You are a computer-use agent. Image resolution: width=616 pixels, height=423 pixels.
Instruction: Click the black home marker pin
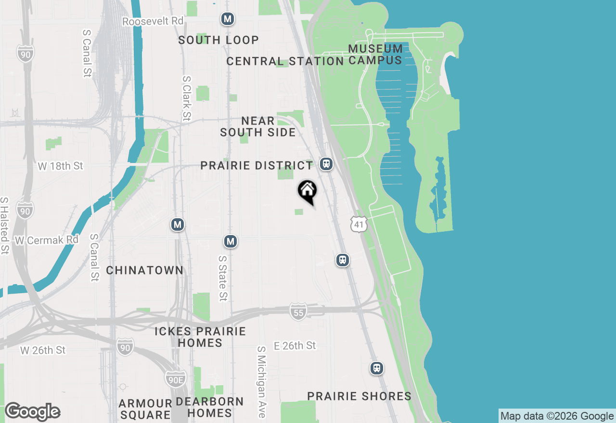click(308, 191)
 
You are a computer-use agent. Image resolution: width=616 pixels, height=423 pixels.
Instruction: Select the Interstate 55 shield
click(298, 312)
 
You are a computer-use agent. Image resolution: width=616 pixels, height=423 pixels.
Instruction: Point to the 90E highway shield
click(175, 378)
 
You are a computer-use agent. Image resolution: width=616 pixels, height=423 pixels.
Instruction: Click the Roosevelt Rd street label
click(153, 22)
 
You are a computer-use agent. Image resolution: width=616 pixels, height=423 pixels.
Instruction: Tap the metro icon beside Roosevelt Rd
click(228, 19)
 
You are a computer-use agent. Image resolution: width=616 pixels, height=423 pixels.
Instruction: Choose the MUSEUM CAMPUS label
click(375, 54)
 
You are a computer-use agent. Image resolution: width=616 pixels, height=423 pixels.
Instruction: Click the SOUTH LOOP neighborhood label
click(218, 40)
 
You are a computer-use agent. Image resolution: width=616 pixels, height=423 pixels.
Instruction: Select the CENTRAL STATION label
click(285, 61)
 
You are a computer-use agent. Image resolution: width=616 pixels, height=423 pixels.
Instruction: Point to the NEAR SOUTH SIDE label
click(258, 126)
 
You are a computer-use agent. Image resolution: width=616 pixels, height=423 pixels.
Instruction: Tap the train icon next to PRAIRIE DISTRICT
click(327, 164)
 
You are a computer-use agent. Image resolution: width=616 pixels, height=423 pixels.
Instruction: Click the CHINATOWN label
click(144, 270)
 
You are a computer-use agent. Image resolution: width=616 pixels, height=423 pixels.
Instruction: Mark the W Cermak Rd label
click(47, 240)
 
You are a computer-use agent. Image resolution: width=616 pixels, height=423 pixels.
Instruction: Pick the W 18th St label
click(61, 166)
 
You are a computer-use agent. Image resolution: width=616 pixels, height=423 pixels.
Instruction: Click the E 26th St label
click(295, 346)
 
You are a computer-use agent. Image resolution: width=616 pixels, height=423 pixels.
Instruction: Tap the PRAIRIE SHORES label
click(359, 396)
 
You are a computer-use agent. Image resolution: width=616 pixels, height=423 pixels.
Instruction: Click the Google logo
click(32, 411)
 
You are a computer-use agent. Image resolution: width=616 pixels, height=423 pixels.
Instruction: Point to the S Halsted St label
click(4, 225)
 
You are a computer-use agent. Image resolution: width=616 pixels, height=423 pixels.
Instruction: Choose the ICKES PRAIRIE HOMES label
click(200, 337)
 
